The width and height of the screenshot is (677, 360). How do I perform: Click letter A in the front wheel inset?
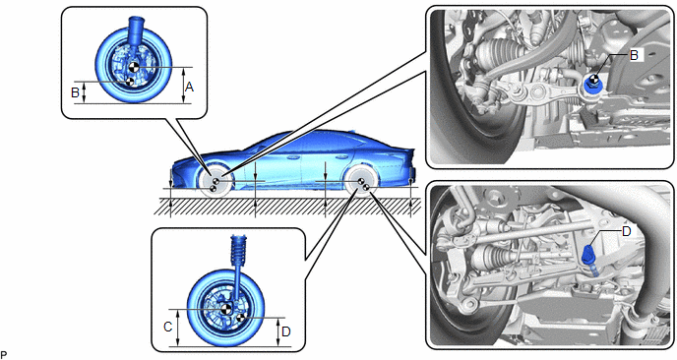[189, 88]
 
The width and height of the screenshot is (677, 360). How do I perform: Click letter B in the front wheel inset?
[75, 92]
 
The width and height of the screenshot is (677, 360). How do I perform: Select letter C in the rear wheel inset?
[168, 328]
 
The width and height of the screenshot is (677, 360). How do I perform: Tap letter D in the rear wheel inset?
[285, 331]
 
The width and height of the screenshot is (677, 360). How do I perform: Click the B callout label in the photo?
[634, 55]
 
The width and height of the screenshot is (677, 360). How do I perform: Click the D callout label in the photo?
[626, 232]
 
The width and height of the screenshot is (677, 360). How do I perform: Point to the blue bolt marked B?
[595, 85]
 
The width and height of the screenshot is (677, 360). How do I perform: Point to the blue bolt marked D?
[588, 255]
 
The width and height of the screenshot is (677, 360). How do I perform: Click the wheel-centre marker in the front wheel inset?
[134, 67]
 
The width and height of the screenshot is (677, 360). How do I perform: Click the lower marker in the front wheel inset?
[129, 82]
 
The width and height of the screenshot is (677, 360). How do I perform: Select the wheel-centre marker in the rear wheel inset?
[225, 309]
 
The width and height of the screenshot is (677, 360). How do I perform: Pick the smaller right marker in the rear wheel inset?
[240, 318]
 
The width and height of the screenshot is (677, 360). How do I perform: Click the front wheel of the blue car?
[215, 181]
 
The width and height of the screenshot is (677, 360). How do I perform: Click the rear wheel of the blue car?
[361, 181]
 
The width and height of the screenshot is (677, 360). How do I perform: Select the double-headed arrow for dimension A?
[184, 86]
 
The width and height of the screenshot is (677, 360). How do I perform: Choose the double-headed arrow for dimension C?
[178, 328]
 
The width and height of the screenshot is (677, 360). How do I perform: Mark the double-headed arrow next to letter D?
[278, 331]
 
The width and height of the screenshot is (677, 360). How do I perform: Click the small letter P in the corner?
[4, 355]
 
